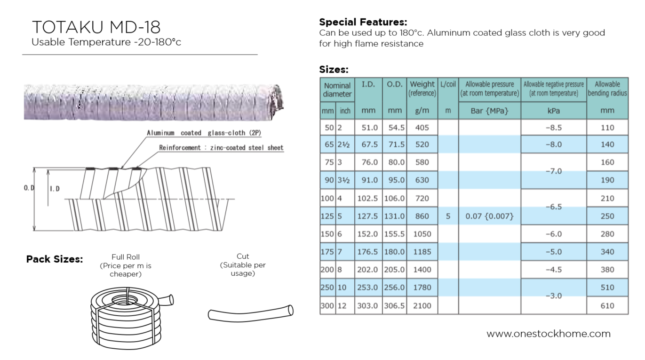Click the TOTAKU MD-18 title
point(96,27)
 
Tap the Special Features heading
point(363,22)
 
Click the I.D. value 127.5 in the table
point(368,216)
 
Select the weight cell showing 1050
point(422,234)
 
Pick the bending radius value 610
point(607,305)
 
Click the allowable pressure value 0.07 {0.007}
point(489,216)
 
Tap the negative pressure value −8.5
point(553,127)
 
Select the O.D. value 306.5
point(395,305)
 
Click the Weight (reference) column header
point(422,88)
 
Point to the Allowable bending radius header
point(607,88)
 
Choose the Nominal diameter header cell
point(337,89)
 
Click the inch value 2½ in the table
point(343,144)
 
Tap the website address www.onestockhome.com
point(548,334)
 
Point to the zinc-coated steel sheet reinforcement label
point(221,148)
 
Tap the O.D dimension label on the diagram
point(29,188)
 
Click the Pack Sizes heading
point(54,259)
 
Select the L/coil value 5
point(448,216)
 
